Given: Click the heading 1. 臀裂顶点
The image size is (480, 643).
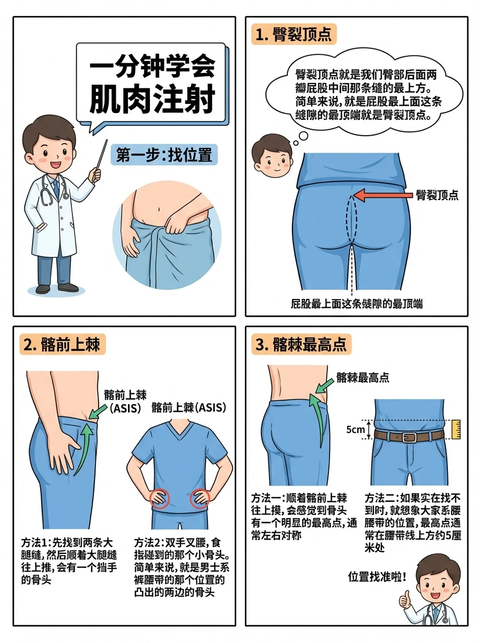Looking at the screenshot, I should click(x=293, y=35).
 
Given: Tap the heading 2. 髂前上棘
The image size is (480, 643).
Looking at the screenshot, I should click(x=63, y=343).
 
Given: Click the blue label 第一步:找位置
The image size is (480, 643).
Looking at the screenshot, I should click(x=164, y=156).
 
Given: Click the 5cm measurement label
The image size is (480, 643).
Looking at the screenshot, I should click(x=356, y=430).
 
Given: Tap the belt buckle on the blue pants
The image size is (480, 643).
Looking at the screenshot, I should click(x=409, y=437).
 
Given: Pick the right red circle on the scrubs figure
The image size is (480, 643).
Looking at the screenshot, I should click(x=200, y=499).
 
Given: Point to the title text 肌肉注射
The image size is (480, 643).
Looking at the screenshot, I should click(x=152, y=99).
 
